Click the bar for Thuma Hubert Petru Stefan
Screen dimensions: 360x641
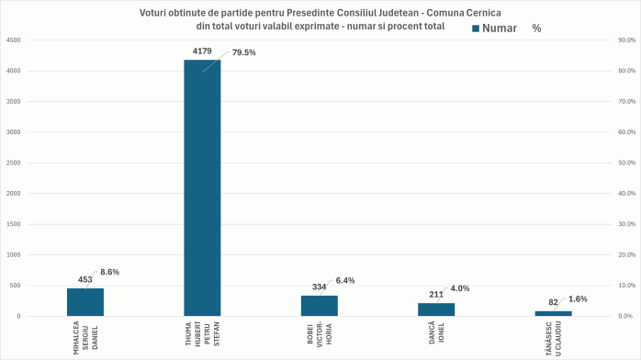click(202, 188)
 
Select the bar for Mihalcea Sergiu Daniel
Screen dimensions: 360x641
click(85, 302)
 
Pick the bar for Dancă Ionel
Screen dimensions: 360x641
click(436, 309)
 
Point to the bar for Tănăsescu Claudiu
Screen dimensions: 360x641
click(553, 313)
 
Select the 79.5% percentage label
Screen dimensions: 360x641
click(243, 52)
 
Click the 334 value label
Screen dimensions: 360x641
click(319, 287)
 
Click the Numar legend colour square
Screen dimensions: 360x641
click(476, 28)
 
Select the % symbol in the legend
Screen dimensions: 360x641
click(536, 28)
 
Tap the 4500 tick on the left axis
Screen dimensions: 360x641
click(14, 40)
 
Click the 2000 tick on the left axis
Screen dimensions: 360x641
click(14, 194)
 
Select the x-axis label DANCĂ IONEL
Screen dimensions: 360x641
click(436, 330)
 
